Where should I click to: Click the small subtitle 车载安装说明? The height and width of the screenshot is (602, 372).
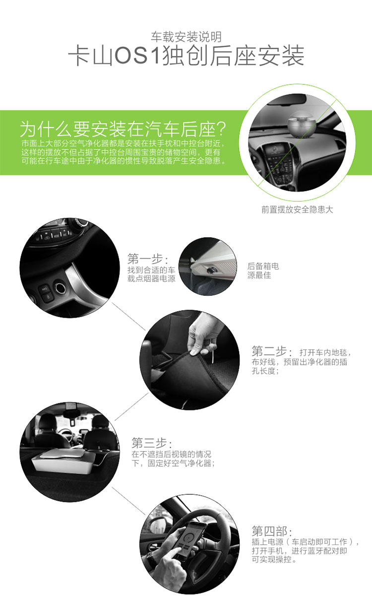point(186,37)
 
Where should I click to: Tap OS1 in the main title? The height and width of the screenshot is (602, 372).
point(137,56)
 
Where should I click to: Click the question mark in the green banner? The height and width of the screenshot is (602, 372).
point(221,129)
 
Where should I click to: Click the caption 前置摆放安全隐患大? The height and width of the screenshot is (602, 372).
point(297,209)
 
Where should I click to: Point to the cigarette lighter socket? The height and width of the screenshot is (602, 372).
point(60,288)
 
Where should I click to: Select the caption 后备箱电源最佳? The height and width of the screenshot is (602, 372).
point(263,270)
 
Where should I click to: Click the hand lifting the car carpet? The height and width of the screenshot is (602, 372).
point(204,333)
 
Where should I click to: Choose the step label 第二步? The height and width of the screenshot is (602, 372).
point(269,351)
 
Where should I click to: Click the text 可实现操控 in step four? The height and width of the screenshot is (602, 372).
point(271,559)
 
